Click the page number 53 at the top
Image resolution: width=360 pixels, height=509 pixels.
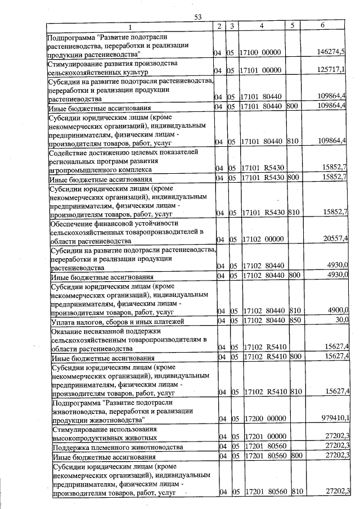197,17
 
